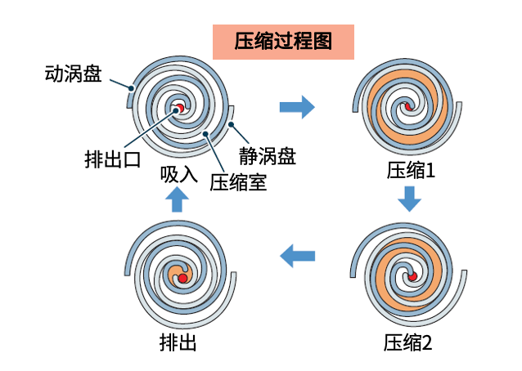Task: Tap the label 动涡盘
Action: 74,74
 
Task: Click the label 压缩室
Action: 238,181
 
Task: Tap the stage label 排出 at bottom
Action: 178,342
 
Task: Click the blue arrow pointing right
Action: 297,106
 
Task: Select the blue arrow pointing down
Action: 409,199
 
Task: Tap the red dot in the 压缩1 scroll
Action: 407,109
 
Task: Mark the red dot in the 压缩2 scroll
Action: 412,277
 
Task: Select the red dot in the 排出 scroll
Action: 183,279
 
